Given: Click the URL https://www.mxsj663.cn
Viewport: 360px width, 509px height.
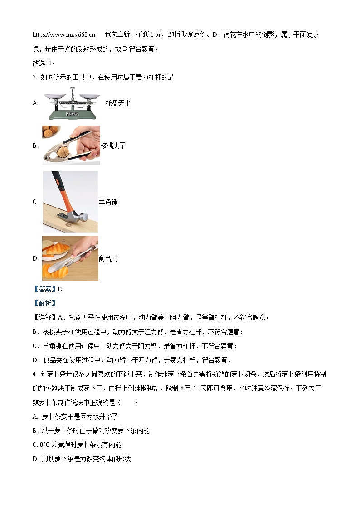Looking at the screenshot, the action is [64, 35].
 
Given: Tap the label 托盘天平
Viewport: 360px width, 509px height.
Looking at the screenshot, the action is [118, 103].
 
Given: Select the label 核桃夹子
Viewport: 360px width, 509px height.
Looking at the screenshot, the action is [113, 145].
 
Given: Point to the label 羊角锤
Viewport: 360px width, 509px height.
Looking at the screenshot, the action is [108, 202].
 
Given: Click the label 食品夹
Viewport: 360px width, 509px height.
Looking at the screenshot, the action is [108, 258].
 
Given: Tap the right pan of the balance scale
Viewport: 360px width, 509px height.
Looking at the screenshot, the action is [89, 96].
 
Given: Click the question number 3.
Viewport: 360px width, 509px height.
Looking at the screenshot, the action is [35, 77].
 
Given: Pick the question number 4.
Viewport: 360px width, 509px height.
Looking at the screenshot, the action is [35, 374].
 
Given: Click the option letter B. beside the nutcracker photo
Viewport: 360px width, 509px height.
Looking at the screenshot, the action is [35, 146].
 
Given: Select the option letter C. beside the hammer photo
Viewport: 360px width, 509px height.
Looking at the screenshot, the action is [35, 202].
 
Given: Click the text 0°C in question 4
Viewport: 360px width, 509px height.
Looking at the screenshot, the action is [45, 445].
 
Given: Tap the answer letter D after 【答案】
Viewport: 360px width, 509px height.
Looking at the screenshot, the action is [60, 289].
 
